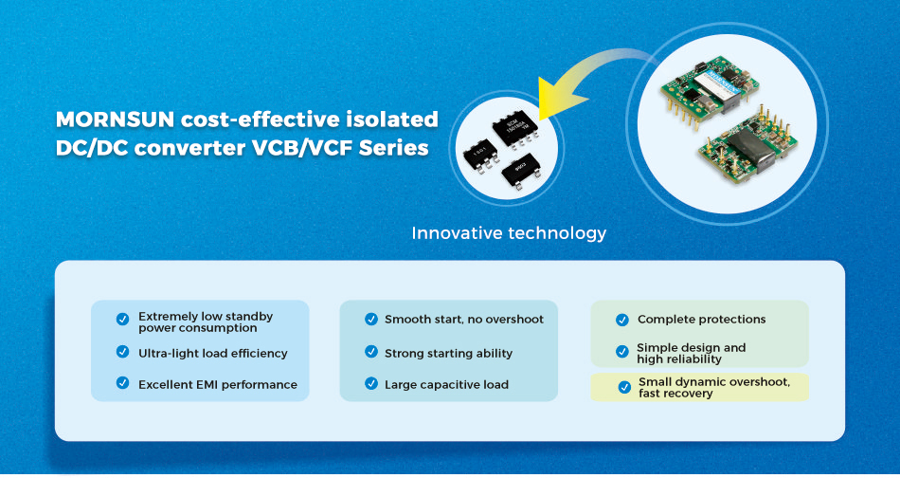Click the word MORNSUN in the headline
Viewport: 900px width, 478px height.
click(115, 119)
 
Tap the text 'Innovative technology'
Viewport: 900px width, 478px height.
click(509, 233)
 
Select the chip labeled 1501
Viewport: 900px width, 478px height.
click(480, 154)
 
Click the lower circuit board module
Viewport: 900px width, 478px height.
click(747, 145)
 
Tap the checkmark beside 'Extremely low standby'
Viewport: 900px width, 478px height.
click(123, 319)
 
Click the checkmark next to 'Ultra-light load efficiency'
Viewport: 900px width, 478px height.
click(123, 352)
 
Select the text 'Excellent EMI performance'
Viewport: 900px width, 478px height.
click(218, 385)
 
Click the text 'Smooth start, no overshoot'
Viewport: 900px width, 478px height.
click(464, 320)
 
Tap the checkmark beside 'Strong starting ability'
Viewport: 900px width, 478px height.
click(371, 352)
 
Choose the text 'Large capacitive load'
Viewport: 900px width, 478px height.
click(446, 385)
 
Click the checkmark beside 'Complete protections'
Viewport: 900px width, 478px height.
click(622, 320)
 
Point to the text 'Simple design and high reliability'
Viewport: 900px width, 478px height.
click(691, 354)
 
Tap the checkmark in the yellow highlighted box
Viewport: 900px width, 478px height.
click(624, 387)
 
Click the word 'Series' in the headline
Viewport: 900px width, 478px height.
click(394, 148)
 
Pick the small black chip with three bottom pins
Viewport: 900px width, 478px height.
click(521, 171)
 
